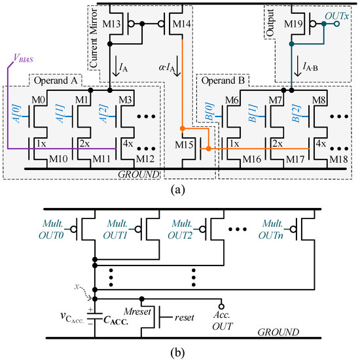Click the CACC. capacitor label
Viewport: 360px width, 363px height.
116,320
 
